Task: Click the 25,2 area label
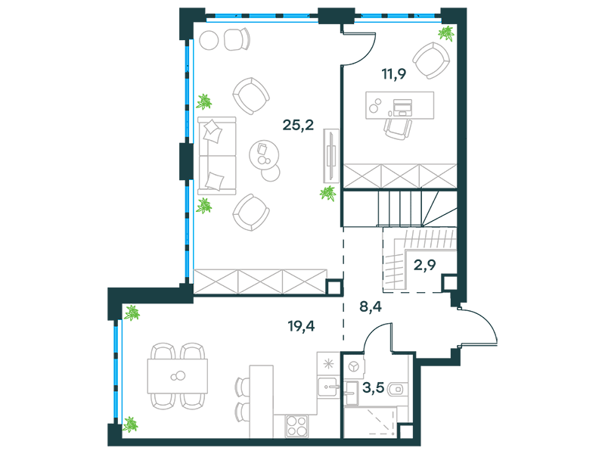coord(298,125)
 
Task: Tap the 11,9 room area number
coord(393,73)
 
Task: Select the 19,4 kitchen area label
coord(301,326)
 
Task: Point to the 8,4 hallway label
coord(371,306)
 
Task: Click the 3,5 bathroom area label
coord(374,387)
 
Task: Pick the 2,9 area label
coord(424,265)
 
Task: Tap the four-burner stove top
coord(296,426)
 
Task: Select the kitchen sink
coord(328,387)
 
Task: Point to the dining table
coord(178,376)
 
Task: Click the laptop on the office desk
coord(402,107)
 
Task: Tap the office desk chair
coord(398,129)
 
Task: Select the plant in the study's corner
coord(446,33)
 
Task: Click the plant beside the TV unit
coord(328,193)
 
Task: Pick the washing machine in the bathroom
coord(353,365)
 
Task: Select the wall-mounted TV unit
coord(331,156)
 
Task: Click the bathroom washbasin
coord(352,393)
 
